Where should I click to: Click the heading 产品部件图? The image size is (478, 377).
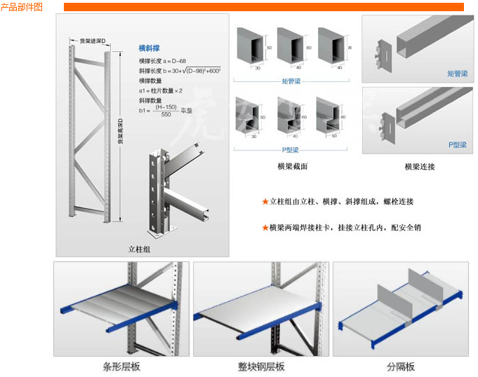pos(22,6)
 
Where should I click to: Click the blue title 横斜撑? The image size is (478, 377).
pos(149,48)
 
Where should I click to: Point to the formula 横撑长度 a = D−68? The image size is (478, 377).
pos(162,62)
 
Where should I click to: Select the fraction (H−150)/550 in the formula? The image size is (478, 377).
pos(165,110)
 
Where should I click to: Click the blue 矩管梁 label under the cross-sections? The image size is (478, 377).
pos(291,81)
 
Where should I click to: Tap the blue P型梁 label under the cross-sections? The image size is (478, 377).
pos(291,149)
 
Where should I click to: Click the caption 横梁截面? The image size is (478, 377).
pos(293,167)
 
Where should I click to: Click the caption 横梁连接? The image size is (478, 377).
pos(419,167)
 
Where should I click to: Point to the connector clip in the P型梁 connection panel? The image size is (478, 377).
pos(381,121)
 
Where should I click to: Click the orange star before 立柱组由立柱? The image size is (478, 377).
pos(265,202)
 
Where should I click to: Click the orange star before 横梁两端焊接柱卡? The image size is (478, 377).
pos(265,228)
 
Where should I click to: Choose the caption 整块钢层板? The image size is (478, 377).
pos(260,366)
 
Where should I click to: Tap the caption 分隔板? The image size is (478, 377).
pos(400,366)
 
